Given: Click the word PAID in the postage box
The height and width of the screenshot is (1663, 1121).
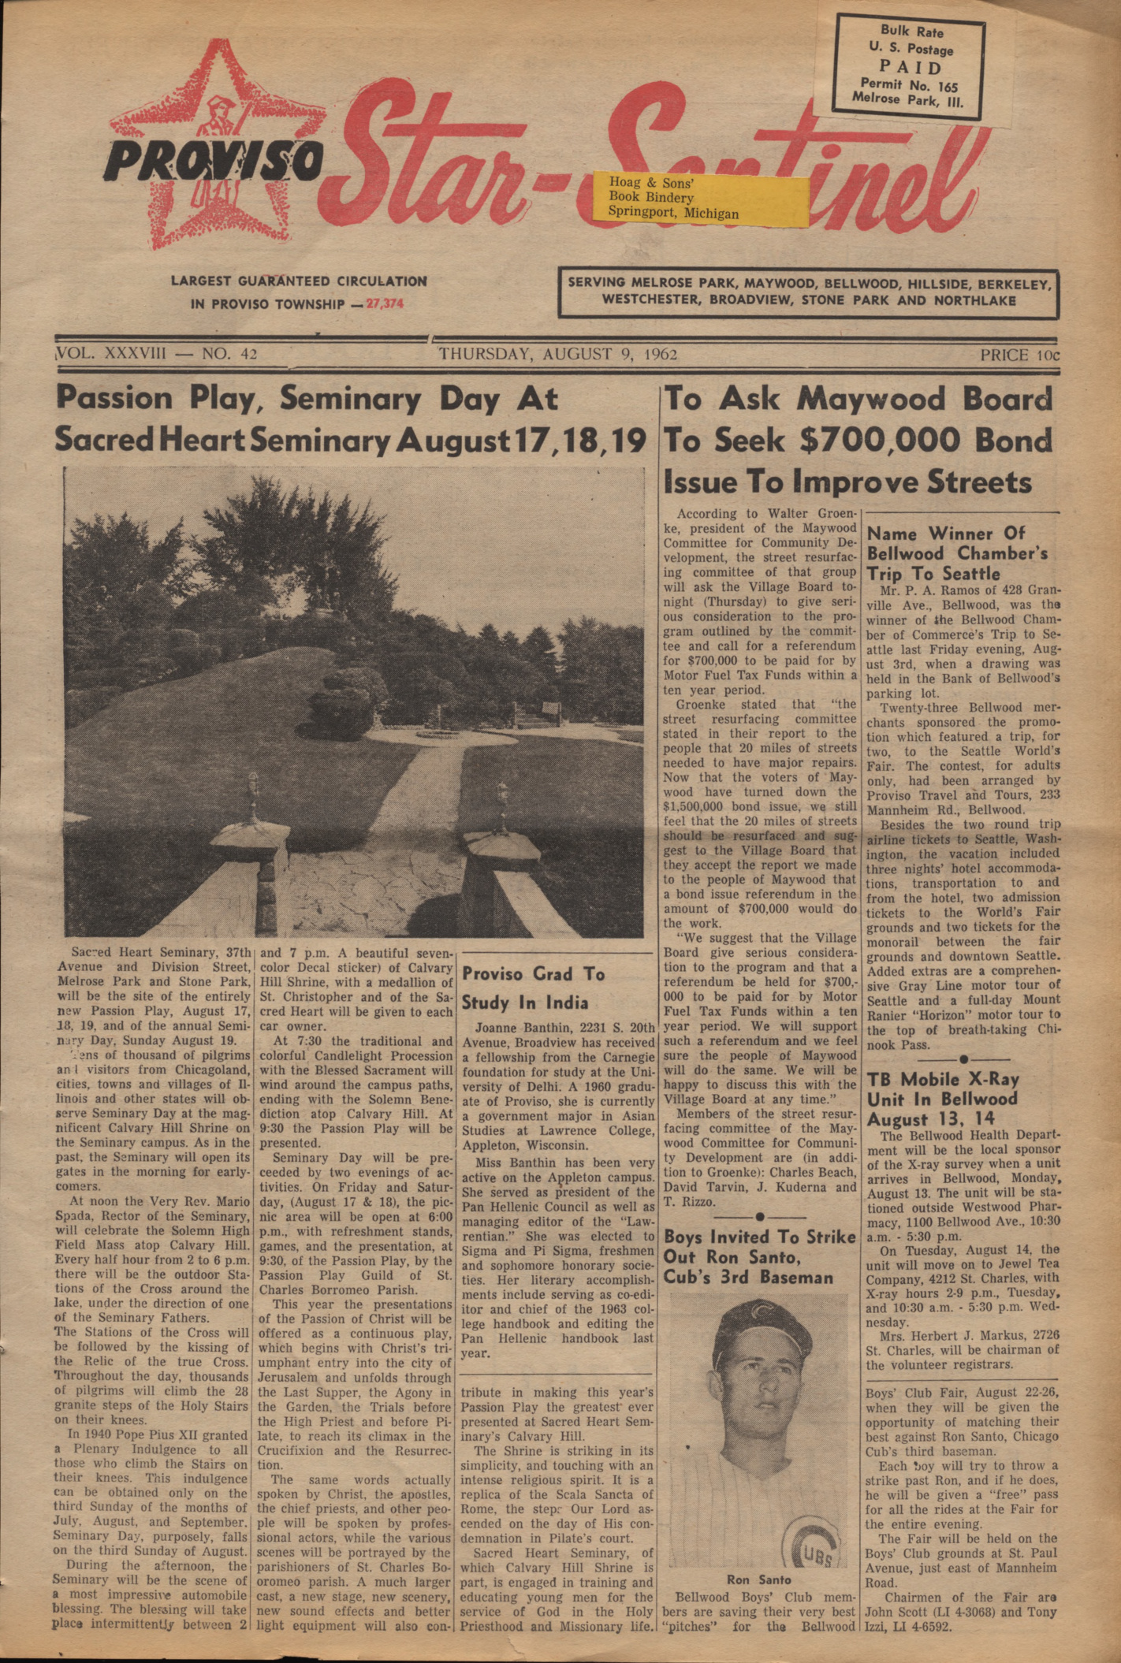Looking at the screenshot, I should click(911, 67).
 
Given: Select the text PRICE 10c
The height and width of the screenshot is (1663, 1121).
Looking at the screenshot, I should click(1020, 355).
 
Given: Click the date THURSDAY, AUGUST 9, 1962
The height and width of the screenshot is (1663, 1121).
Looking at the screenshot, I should click(557, 354).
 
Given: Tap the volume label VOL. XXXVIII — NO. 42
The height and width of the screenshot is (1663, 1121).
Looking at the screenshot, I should click(158, 354).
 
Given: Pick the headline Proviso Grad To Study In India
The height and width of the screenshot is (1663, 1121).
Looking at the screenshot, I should click(533, 988).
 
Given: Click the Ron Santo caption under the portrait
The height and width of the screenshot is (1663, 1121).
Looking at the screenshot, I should click(758, 1579).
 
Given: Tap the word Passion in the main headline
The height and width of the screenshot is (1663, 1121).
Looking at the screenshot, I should click(114, 398).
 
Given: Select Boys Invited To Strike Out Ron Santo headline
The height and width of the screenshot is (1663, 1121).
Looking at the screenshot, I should click(758, 1256).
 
